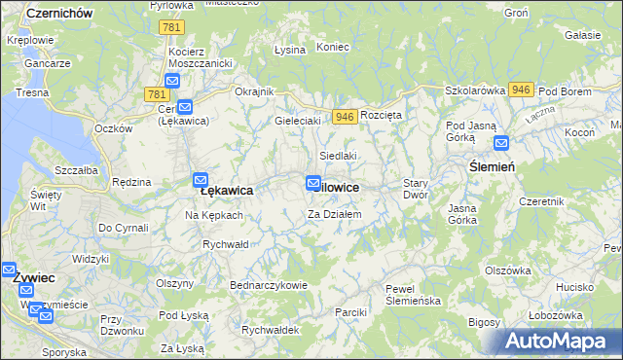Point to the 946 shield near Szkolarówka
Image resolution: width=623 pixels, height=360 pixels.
coord(520,89)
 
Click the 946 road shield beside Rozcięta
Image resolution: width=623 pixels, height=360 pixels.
coord(344,116)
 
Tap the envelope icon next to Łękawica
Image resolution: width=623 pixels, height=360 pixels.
coord(201,180)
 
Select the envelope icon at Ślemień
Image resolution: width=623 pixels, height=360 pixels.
coord(501,143)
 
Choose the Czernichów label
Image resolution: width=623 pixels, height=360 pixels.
coord(59,13)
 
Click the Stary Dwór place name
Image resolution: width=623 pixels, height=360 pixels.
coord(416,189)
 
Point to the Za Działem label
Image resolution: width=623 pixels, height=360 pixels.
coord(335,214)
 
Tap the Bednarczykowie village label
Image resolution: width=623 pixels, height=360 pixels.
coord(269,285)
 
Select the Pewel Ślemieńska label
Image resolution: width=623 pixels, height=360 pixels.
coord(413,295)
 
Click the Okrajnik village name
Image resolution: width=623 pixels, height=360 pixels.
coord(255,91)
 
